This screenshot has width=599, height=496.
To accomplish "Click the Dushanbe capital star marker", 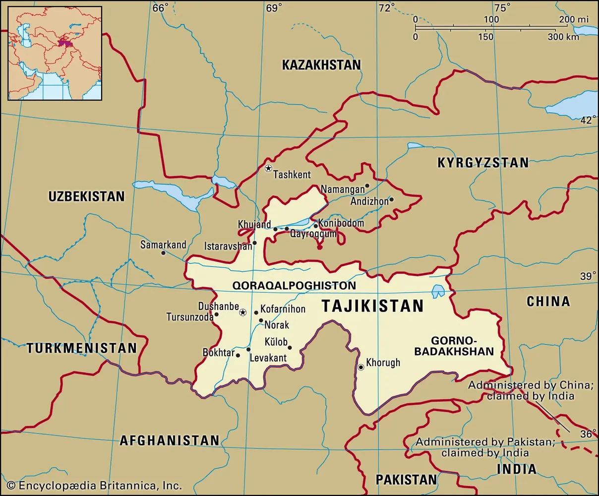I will [x=243, y=312].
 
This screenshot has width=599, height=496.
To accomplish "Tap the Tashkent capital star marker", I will [x=268, y=168].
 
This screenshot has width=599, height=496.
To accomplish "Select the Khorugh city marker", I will [x=361, y=368].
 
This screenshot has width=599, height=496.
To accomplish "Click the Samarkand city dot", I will [x=163, y=253].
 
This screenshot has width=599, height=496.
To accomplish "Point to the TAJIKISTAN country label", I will [x=373, y=306].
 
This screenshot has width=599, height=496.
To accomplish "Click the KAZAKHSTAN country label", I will [x=321, y=65].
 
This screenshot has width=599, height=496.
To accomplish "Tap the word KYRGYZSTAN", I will [x=482, y=162].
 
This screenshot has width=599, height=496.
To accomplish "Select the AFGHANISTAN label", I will [x=169, y=440].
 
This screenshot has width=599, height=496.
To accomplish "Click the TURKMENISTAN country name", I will [x=82, y=348].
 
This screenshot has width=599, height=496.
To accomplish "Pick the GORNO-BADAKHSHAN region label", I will [x=462, y=346].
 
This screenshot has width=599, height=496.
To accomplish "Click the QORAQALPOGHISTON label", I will [x=294, y=286].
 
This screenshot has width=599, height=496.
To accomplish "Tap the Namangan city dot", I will [x=367, y=186].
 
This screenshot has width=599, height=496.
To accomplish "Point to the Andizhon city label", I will [x=369, y=202].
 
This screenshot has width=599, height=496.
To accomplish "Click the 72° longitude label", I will [x=386, y=7].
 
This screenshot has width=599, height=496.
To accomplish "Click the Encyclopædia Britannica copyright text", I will [x=94, y=486].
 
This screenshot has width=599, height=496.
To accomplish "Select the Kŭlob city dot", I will [x=290, y=348].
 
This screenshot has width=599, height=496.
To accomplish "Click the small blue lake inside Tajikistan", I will [x=438, y=291].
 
